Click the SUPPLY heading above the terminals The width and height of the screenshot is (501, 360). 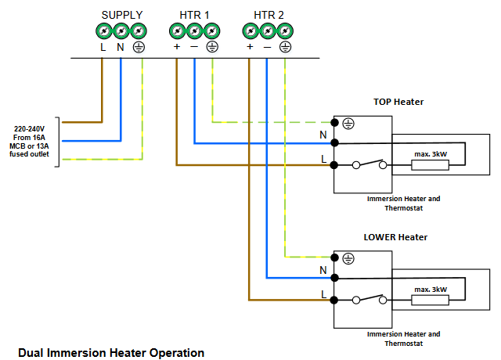click(x=122, y=15)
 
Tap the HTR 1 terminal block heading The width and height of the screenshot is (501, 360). click(x=196, y=15)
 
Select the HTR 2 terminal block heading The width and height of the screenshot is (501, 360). click(x=269, y=15)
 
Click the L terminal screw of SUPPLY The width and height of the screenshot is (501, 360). click(x=104, y=32)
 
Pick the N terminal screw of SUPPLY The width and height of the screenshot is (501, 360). click(x=121, y=32)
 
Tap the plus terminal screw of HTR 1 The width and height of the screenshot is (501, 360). click(x=177, y=32)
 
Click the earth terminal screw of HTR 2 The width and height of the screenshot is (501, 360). click(x=285, y=32)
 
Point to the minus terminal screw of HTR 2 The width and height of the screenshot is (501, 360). click(x=268, y=32)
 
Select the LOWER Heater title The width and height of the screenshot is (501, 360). click(x=395, y=236)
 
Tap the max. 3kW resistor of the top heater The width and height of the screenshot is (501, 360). click(x=431, y=164)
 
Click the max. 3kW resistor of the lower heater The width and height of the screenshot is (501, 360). click(x=431, y=299)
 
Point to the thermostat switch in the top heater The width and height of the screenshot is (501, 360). click(x=369, y=164)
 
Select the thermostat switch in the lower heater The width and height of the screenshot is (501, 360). click(x=369, y=299)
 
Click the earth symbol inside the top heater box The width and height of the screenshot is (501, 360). click(x=349, y=124)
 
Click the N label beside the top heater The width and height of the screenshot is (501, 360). click(x=323, y=135)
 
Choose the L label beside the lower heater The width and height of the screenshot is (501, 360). click(x=323, y=294)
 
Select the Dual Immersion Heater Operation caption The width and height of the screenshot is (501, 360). click(x=111, y=353)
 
